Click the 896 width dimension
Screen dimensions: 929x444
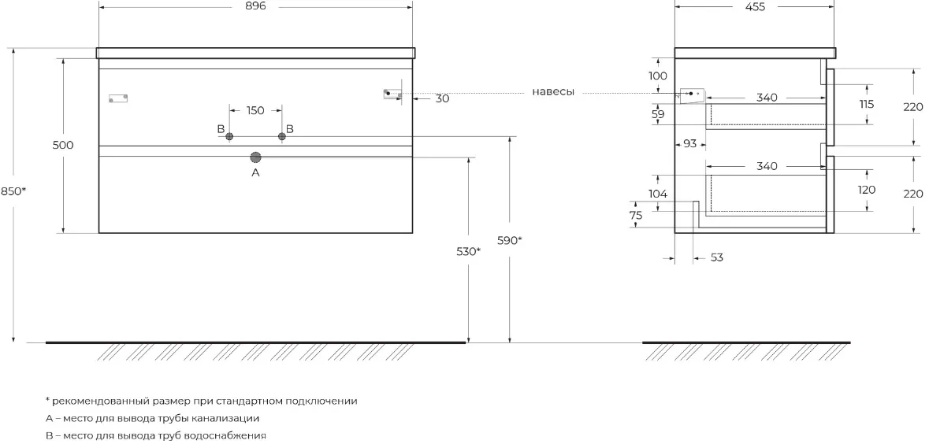[x=255, y=6]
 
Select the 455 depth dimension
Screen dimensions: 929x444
[x=756, y=6]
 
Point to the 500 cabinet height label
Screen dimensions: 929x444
[x=63, y=145]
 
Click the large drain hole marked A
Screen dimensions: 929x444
[x=256, y=157]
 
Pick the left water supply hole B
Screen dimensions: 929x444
[x=230, y=137]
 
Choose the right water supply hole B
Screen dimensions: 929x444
[x=282, y=137]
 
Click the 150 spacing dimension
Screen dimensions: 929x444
[x=255, y=111]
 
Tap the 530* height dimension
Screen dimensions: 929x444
[x=468, y=252]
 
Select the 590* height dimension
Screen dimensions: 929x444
[x=510, y=240]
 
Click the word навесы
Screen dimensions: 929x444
[x=553, y=92]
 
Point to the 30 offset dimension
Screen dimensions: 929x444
[x=442, y=99]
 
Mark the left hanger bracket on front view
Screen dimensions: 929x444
[x=118, y=98]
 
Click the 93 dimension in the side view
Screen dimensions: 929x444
[x=689, y=144]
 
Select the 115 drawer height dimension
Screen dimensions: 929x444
[x=866, y=104]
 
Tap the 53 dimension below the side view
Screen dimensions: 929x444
[x=716, y=258]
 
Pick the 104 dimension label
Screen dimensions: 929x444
[x=658, y=194]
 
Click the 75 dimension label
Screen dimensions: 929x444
[x=636, y=216]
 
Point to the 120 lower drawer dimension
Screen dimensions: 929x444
[x=866, y=190]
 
